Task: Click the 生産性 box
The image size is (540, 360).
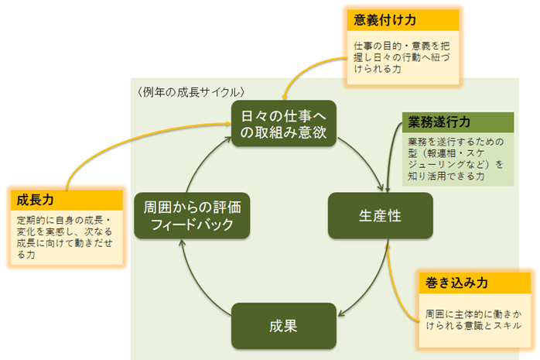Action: [x=379, y=216]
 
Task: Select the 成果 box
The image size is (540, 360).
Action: [x=284, y=325]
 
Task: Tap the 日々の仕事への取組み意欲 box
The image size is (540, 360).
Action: [x=284, y=124]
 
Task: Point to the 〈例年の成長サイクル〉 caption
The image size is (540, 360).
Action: [x=191, y=91]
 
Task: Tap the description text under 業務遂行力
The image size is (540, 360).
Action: [x=456, y=159]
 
